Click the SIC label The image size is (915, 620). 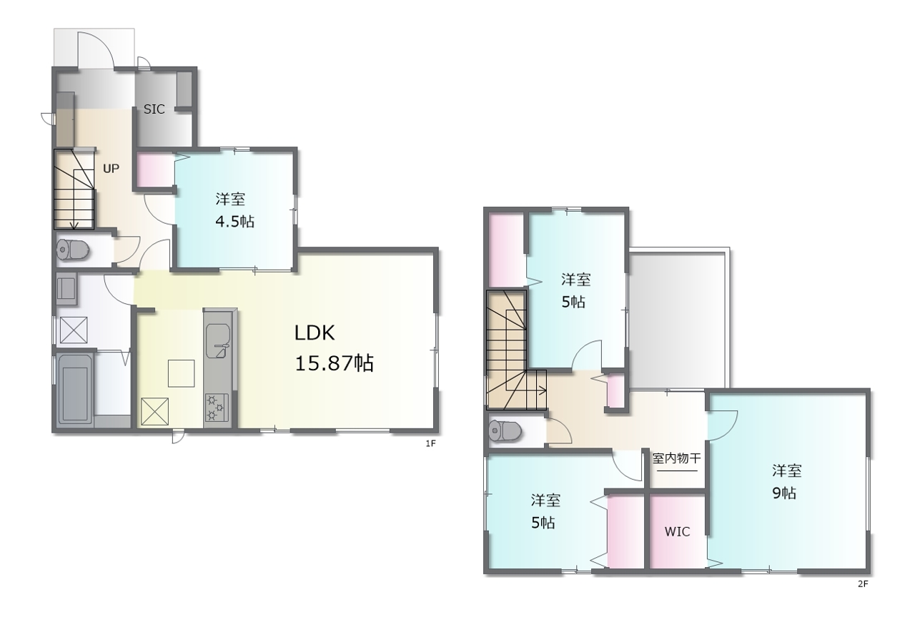pos(154,109)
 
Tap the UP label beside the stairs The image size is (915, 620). pos(111,168)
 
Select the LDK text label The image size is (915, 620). pos(315,333)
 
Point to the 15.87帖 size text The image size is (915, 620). pos(334,363)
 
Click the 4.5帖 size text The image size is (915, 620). pos(235,222)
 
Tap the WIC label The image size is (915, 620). pos(677,532)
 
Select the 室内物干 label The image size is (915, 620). pos(676,458)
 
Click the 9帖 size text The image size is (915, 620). pos(784,493)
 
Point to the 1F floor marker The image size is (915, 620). pos(430,443)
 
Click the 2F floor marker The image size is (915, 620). pos(863,584)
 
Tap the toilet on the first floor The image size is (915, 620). pos(73,250)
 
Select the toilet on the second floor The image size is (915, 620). pos(505,430)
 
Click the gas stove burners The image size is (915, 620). pos(216,408)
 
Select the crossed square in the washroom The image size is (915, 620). pos(74,330)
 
